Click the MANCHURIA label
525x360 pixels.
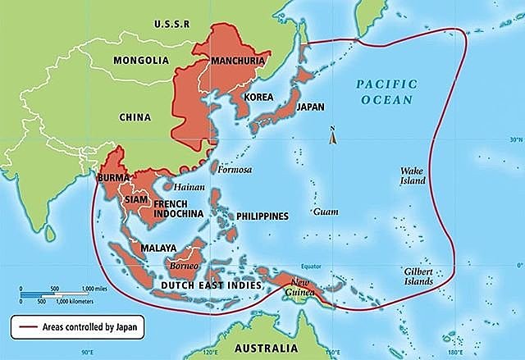(x=239, y=62)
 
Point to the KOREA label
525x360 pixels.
(x=258, y=95)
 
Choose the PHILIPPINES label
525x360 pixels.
(x=262, y=216)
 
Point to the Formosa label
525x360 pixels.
(x=236, y=170)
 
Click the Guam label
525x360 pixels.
(x=326, y=211)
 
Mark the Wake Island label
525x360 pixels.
(x=412, y=176)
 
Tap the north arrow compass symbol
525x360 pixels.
(x=332, y=136)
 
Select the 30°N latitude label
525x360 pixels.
(x=514, y=139)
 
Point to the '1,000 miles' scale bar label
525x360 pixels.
(x=97, y=289)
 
